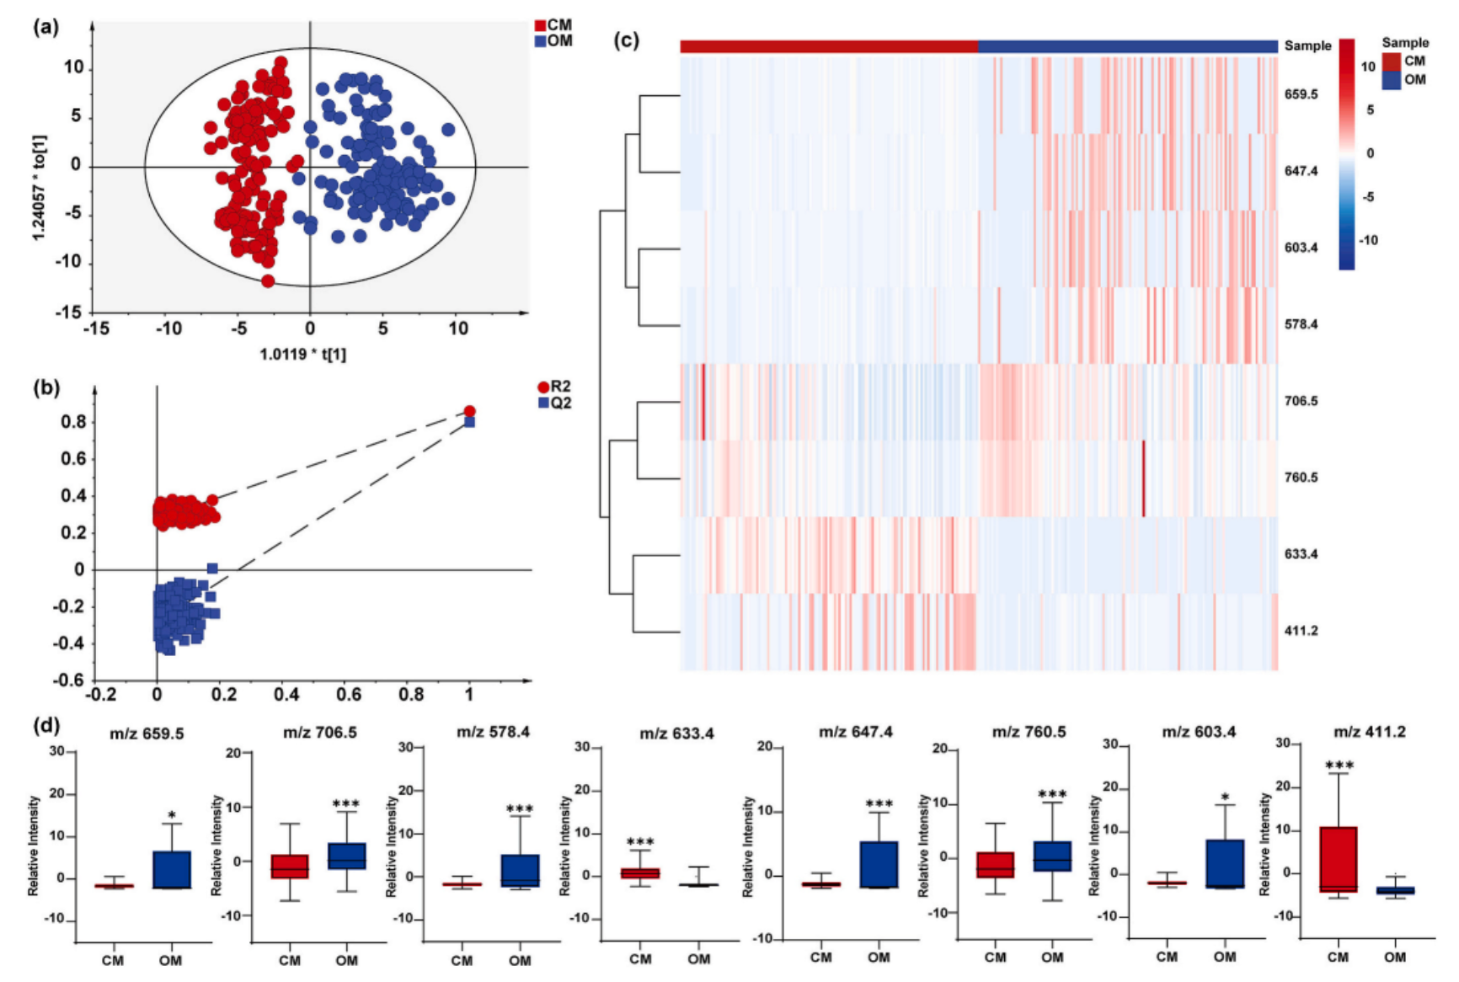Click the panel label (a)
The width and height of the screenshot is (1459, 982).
click(x=45, y=27)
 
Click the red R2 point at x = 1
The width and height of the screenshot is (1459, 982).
click(x=469, y=411)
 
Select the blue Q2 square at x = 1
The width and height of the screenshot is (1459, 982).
click(x=470, y=422)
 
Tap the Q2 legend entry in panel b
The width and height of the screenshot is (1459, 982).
click(x=555, y=403)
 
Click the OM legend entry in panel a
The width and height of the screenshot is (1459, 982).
click(x=553, y=40)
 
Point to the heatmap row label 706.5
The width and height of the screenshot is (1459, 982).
click(x=1301, y=401)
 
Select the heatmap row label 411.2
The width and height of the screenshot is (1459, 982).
click(x=1301, y=631)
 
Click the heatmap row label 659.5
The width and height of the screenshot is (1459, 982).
click(x=1301, y=94)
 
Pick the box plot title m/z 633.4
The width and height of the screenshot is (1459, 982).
click(x=676, y=734)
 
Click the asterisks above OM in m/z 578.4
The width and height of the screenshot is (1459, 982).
click(x=520, y=809)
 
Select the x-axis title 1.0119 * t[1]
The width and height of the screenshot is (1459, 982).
click(x=302, y=355)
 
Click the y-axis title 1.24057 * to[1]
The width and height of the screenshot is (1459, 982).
click(x=39, y=187)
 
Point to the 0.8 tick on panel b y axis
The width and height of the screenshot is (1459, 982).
click(x=73, y=422)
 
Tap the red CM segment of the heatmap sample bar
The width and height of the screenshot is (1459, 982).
click(x=829, y=46)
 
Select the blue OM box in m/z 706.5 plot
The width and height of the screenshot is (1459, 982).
click(x=346, y=856)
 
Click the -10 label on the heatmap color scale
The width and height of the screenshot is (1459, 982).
click(x=1369, y=241)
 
